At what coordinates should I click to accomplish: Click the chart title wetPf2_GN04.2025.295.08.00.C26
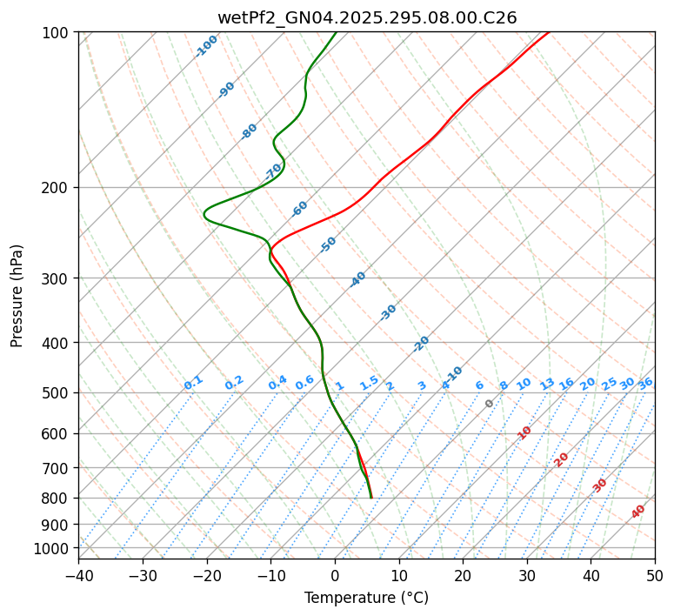coord(367,17)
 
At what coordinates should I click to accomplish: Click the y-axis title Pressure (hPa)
coord(17,296)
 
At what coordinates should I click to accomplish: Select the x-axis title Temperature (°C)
coord(367,599)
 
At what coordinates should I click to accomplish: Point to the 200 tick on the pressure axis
coord(57,188)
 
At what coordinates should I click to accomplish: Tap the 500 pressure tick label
coord(57,393)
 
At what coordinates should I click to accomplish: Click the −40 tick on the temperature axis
coord(78,576)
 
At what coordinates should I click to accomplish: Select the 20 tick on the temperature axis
coord(463,576)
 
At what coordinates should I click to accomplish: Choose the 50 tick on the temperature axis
coord(655,576)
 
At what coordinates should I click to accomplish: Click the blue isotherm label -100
coord(207,45)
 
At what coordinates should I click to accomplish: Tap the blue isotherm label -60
coord(300,209)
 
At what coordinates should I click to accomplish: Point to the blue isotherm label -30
coord(389,311)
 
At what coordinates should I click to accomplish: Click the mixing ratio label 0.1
coord(193,383)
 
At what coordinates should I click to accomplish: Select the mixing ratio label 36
coord(645,383)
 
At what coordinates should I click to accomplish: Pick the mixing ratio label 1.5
coord(369,383)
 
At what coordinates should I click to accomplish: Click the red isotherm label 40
coord(638,512)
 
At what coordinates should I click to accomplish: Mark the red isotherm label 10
coord(524,432)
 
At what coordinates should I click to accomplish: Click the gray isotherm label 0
coord(490,404)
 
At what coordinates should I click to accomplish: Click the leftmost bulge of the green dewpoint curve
coord(204,212)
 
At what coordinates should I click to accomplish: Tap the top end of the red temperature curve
coord(549,32)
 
